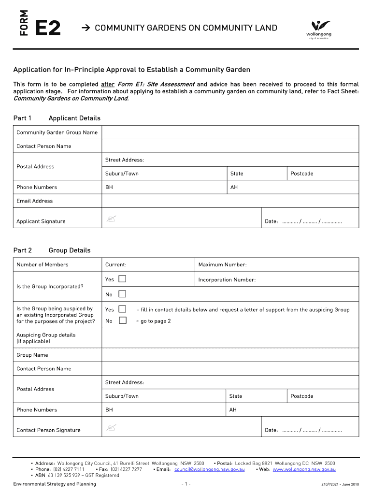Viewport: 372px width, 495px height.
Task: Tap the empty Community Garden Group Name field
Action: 230,132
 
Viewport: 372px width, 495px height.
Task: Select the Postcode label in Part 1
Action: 302,174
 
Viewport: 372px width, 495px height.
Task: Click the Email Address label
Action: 35,201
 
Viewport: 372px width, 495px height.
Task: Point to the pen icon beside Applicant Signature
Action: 111,220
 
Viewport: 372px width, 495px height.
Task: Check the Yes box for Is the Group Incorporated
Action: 122,279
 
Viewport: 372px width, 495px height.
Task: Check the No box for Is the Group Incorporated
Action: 122,294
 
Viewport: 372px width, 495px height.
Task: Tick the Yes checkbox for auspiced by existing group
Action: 122,309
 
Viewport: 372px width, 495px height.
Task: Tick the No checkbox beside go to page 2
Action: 122,320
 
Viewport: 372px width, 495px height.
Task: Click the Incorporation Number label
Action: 227,280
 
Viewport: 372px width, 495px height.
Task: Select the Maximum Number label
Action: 222,264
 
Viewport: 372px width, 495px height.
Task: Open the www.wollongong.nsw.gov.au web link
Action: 304,469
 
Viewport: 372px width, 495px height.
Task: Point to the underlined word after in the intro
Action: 107,84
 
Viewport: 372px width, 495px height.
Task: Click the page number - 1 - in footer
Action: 186,484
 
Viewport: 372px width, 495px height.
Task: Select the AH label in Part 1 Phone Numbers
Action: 234,187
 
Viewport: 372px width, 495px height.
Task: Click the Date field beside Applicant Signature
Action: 312,222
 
